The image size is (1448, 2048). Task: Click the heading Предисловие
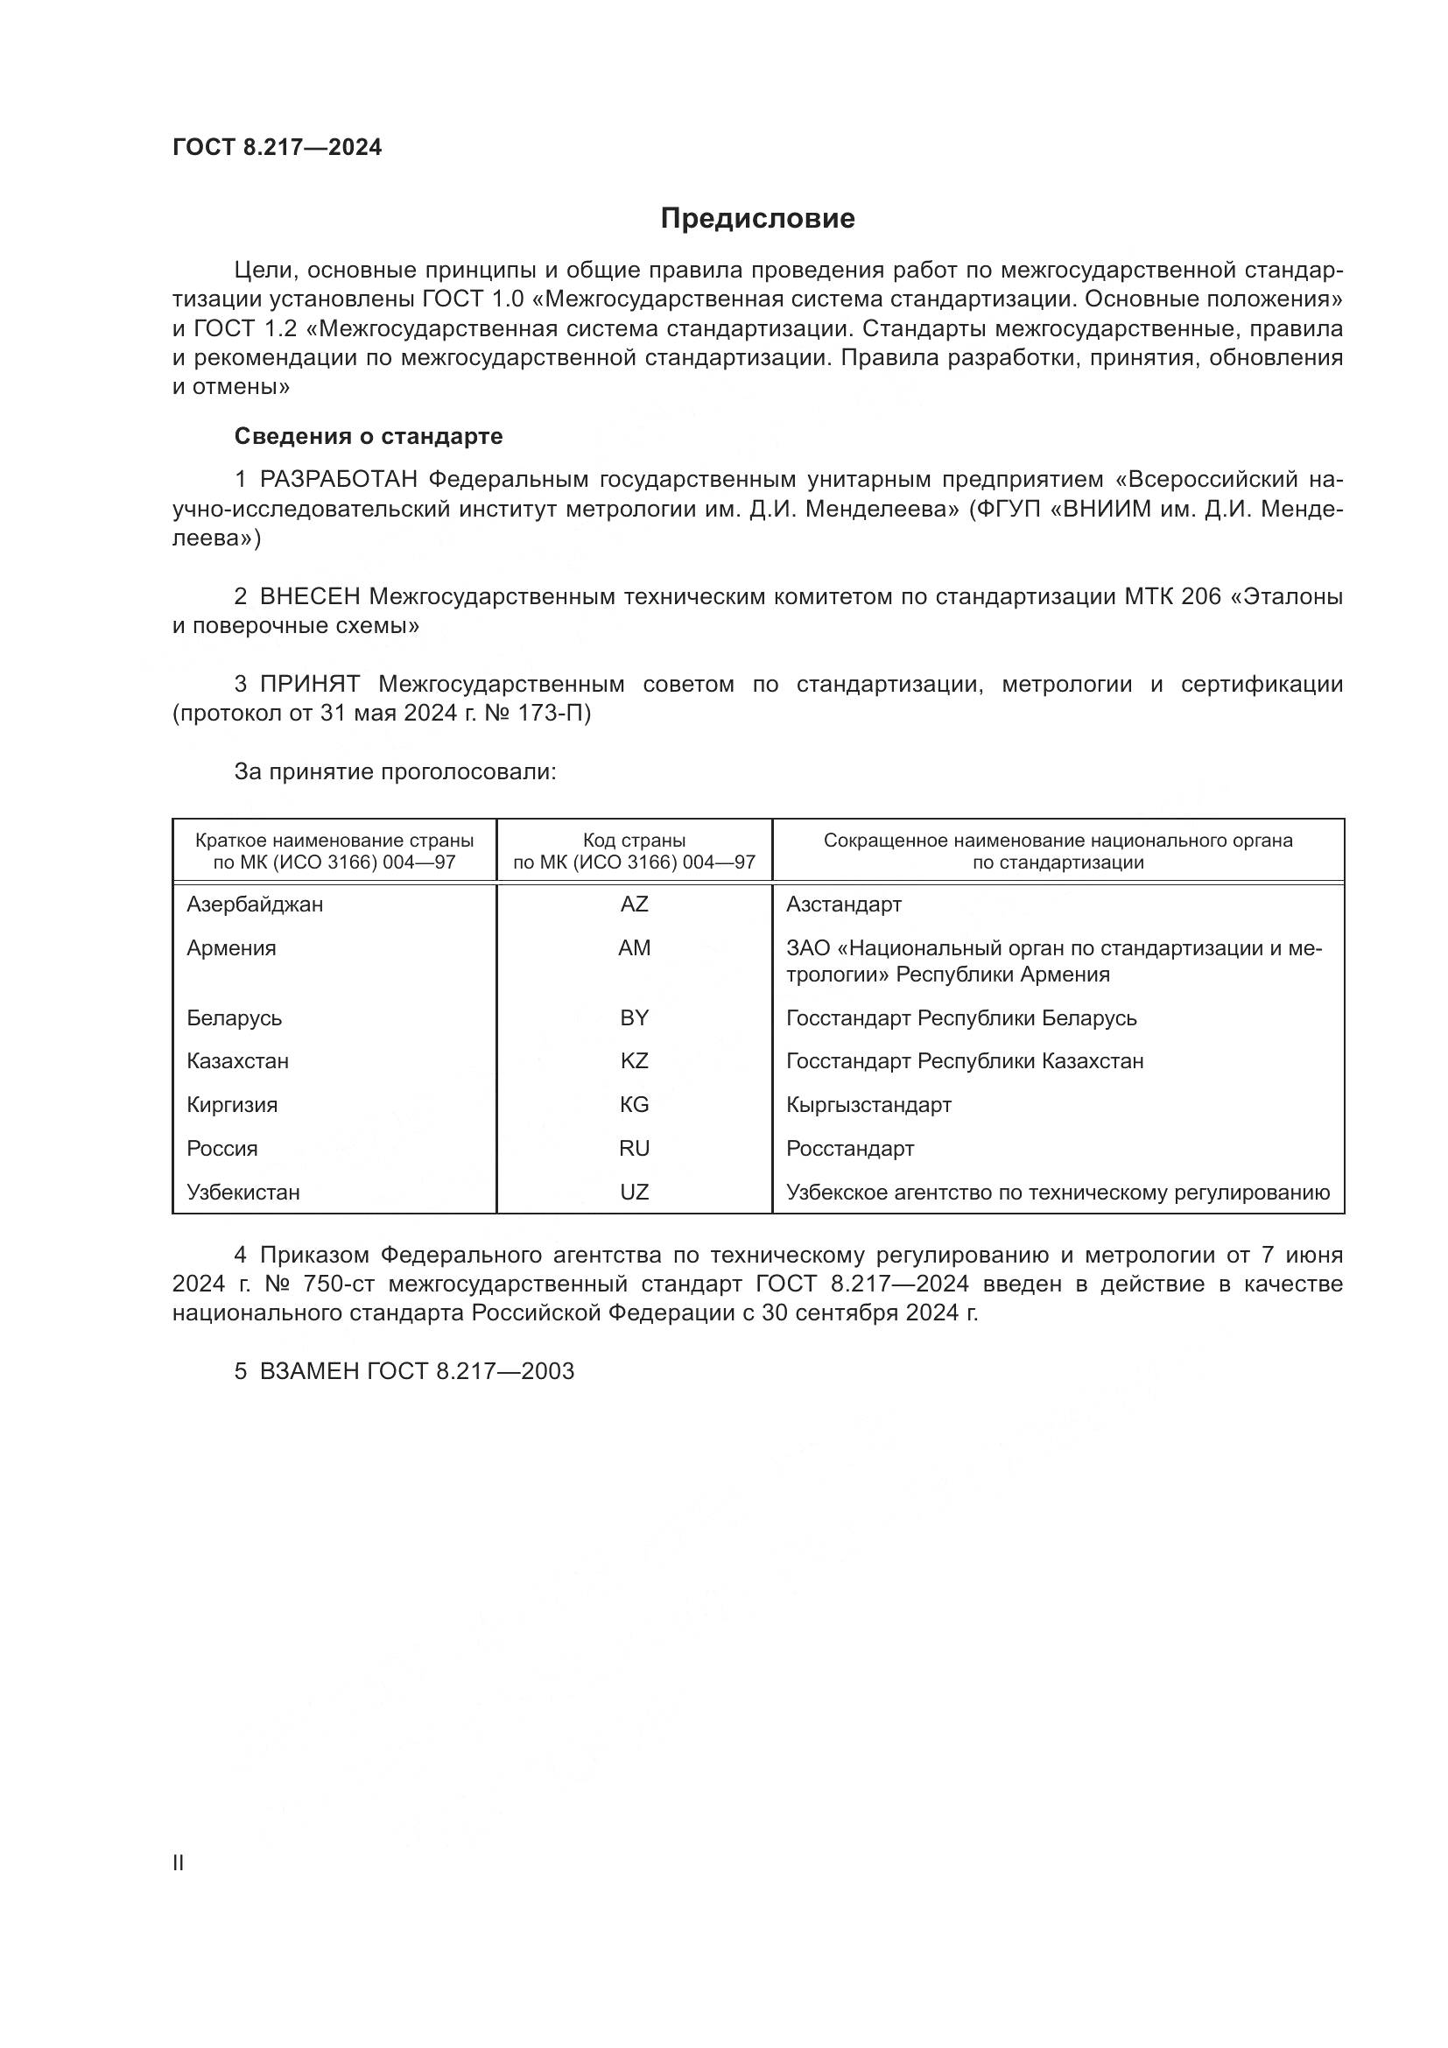[757, 219]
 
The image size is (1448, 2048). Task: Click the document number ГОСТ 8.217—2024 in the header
[278, 148]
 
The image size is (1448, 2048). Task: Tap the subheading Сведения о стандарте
[369, 436]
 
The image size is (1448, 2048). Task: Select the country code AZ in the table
[634, 904]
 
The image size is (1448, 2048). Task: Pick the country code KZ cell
[634, 1060]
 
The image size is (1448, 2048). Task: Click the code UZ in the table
[634, 1192]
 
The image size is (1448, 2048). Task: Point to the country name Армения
[231, 948]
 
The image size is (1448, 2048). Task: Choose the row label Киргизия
[232, 1104]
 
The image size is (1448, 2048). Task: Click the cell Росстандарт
[850, 1148]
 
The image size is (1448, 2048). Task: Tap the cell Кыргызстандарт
[868, 1104]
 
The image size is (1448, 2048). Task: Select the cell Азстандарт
[843, 904]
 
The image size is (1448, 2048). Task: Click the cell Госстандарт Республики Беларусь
[961, 1017]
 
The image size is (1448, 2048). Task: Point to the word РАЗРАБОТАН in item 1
[339, 480]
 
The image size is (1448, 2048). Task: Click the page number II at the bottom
[179, 1862]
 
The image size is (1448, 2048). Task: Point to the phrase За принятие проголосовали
[395, 771]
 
